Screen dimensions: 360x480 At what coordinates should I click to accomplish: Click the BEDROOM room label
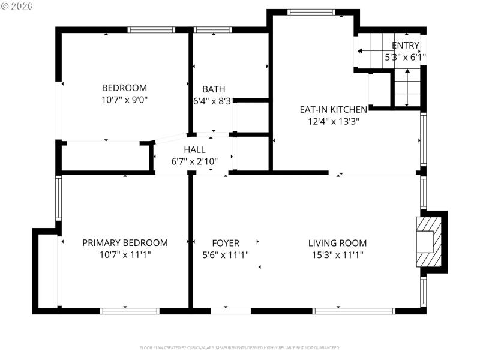124,88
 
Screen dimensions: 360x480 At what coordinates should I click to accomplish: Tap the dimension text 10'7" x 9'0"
124,100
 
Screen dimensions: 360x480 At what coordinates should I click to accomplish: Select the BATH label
214,89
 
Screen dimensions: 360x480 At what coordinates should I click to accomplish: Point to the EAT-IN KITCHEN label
333,109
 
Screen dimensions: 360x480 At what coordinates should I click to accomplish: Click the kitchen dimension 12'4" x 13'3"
333,121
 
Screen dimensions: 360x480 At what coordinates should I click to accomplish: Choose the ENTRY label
406,46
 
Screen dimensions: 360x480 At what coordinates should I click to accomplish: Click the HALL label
194,149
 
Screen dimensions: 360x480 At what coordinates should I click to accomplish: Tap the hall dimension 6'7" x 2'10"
194,161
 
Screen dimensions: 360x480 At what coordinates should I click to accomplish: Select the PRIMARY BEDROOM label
125,243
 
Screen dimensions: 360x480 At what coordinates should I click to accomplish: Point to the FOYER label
226,243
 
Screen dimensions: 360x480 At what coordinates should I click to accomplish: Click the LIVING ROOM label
337,243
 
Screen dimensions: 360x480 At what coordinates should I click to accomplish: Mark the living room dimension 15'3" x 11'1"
337,254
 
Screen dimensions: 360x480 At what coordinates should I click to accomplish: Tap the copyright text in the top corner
17,6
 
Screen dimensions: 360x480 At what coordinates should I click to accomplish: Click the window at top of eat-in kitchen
311,12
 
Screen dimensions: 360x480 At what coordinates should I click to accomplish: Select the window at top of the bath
213,29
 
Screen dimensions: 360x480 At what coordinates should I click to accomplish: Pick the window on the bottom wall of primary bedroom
130,311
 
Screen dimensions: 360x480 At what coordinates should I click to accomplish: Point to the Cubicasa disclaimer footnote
240,347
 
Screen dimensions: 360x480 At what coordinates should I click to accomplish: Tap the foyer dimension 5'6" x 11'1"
226,254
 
